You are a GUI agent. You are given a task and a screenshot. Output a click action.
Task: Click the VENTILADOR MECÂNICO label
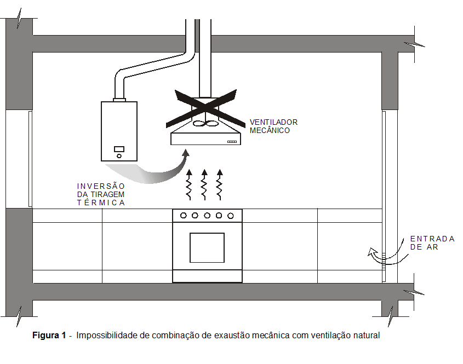273,126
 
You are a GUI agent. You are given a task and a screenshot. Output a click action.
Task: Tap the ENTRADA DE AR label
432,243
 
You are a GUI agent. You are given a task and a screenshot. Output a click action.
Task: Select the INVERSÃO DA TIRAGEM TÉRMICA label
101,194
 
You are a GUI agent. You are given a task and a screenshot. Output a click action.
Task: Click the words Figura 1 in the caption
49,335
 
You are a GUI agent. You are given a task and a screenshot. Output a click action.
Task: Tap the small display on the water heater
119,149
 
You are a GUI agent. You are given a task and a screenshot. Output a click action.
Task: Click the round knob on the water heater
119,156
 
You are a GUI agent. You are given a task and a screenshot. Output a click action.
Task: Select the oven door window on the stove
207,247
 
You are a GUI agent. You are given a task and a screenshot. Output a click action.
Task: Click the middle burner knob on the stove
207,216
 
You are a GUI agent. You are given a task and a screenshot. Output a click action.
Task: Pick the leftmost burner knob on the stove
184,216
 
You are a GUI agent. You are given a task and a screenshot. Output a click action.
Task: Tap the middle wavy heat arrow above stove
204,185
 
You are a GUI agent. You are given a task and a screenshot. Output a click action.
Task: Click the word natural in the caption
366,335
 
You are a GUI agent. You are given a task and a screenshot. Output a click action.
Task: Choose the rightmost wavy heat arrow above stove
220,185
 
